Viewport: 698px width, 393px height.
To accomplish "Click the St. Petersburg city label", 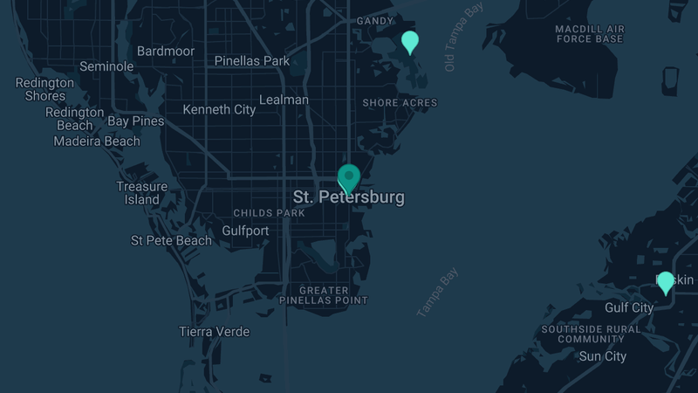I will click(x=349, y=197).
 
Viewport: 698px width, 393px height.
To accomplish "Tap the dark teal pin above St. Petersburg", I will click(x=349, y=177).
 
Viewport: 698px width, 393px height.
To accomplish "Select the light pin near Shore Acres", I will click(x=410, y=41).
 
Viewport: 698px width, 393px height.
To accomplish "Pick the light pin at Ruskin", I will click(x=666, y=282).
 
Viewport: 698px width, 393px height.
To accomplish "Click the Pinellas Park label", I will click(x=252, y=61).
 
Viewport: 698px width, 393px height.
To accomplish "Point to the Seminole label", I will click(x=106, y=66).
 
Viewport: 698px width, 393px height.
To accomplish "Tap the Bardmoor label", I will click(x=166, y=52).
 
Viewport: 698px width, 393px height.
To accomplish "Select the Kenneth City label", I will click(x=219, y=110).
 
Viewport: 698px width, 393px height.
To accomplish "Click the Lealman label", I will click(x=284, y=100).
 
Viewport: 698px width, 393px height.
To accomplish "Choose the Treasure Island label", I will click(x=141, y=193).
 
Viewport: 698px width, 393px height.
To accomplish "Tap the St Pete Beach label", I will click(x=171, y=240).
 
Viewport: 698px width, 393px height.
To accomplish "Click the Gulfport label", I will click(x=245, y=231).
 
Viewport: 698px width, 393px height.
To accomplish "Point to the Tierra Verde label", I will click(x=214, y=332).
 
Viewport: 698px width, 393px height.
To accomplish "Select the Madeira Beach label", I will click(x=97, y=141).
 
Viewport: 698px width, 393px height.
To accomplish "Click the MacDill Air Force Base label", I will click(x=590, y=34).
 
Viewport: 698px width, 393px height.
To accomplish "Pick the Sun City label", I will click(x=603, y=356).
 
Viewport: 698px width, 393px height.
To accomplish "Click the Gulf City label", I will click(x=629, y=307).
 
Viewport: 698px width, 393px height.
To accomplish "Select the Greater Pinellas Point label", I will click(x=324, y=295).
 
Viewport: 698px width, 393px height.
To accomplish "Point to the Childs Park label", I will click(x=269, y=213).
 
